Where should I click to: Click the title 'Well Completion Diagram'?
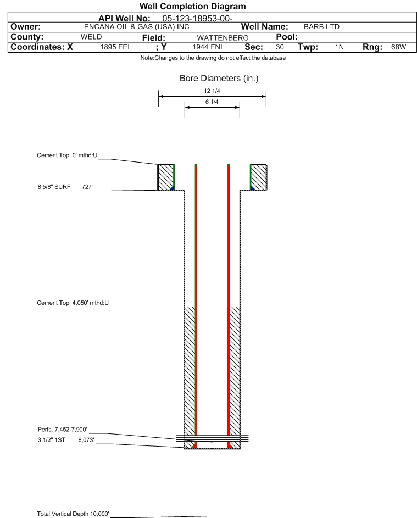tap(193, 6)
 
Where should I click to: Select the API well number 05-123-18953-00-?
tap(197, 19)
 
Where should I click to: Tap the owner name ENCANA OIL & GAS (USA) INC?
tap(137, 27)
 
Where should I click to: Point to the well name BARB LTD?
tap(321, 27)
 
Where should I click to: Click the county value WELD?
tap(91, 37)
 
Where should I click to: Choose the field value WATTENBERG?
tap(223, 38)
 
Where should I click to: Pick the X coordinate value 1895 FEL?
tap(115, 47)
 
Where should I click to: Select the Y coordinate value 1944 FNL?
tap(208, 47)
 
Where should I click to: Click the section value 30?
tap(280, 47)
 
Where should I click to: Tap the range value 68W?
tap(398, 47)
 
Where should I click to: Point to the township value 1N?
tap(340, 47)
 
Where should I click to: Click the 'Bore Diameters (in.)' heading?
tap(219, 79)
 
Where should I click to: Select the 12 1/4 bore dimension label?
tap(212, 91)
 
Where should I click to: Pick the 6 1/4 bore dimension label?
tap(212, 102)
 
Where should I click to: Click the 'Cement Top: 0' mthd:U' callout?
tap(67, 155)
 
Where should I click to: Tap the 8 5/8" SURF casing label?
tap(54, 187)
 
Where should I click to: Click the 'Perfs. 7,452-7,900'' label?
tap(63, 430)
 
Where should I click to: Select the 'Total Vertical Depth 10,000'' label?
tap(73, 514)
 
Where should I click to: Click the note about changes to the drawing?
tap(213, 58)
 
